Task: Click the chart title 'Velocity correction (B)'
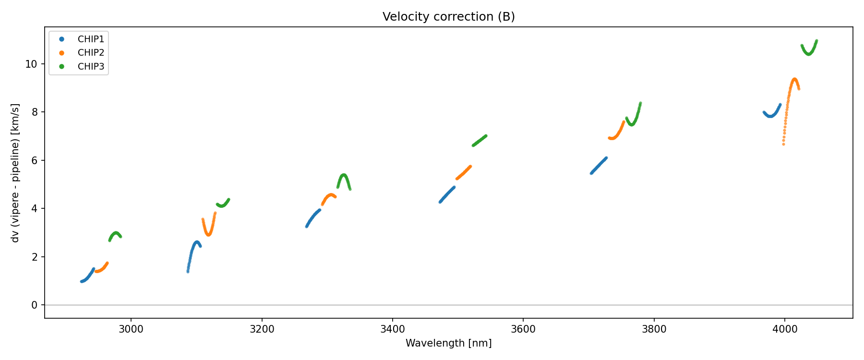(x=448, y=17)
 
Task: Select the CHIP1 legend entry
(x=91, y=39)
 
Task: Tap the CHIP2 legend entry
(x=91, y=53)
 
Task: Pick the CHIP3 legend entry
(x=91, y=67)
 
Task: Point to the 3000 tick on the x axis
(x=131, y=329)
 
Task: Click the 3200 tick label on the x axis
(x=262, y=329)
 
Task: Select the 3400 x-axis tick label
(x=392, y=329)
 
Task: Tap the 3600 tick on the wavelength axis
(x=523, y=329)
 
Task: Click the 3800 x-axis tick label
(x=654, y=329)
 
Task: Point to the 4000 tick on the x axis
(x=784, y=329)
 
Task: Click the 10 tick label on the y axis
(x=31, y=64)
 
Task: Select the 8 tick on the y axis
(x=34, y=112)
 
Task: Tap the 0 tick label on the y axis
(x=34, y=305)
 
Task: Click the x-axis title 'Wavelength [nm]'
(x=448, y=343)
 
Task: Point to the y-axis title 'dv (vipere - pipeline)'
(x=15, y=173)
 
